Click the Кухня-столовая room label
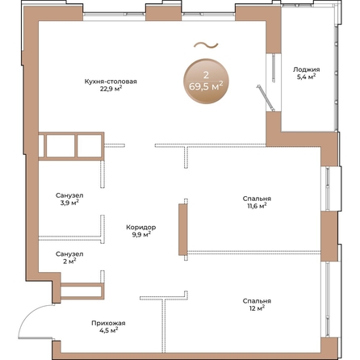point(111,82)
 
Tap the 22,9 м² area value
point(111,89)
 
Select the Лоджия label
point(306,69)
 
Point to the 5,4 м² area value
point(306,77)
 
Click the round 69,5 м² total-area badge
point(206,82)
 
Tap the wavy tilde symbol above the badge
point(206,45)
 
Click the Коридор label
point(140,228)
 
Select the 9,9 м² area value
point(140,235)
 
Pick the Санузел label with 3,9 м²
point(69,195)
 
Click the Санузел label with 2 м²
point(69,254)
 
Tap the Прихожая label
point(108,323)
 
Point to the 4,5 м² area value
point(108,330)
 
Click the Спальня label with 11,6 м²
point(257,199)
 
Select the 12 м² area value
point(257,308)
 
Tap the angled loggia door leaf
point(266,98)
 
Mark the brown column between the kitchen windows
point(163,13)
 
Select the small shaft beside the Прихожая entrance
point(82,291)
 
